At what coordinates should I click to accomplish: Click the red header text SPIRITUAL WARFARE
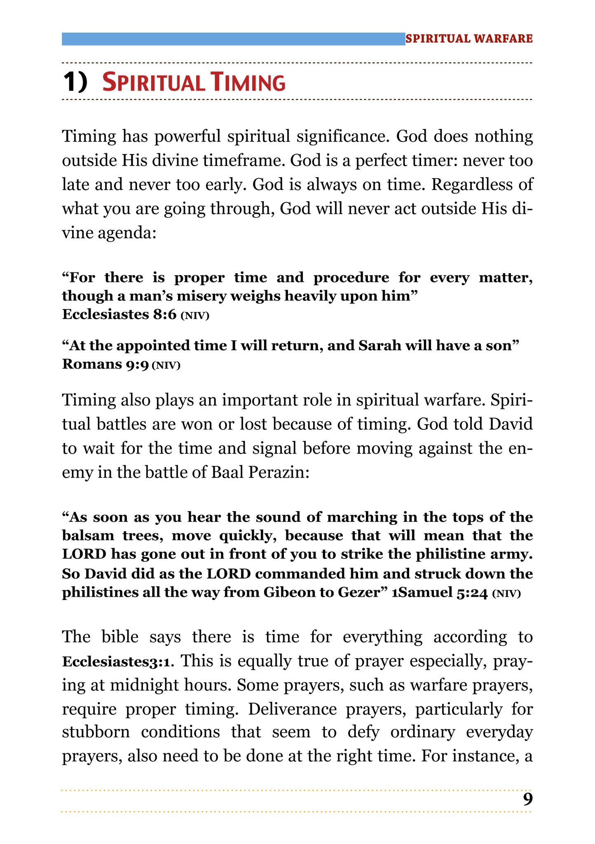coord(469,39)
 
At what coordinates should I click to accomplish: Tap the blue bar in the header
coord(233,39)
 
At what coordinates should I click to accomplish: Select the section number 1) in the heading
coord(75,82)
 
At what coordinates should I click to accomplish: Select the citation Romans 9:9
coord(105,364)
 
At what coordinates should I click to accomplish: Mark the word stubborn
coord(96,732)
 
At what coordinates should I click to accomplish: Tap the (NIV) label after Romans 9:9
coord(166,365)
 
